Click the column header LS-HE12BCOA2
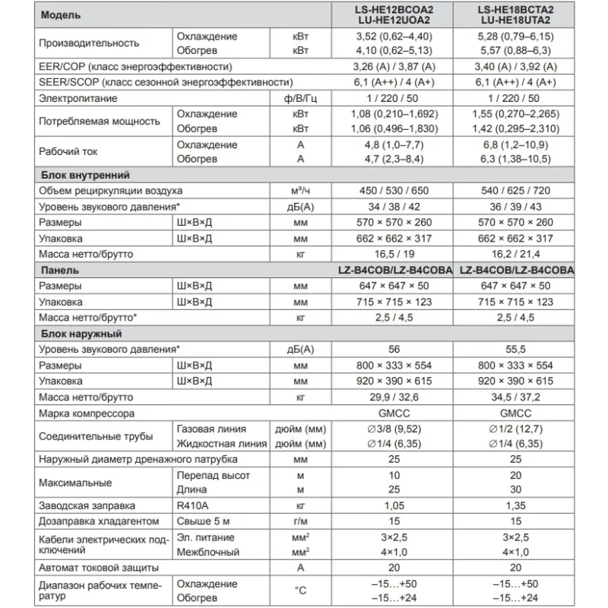pos(392,9)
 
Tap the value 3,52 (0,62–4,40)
pos(392,36)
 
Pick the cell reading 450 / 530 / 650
pos(392,190)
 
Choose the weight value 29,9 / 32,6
pos(392,397)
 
